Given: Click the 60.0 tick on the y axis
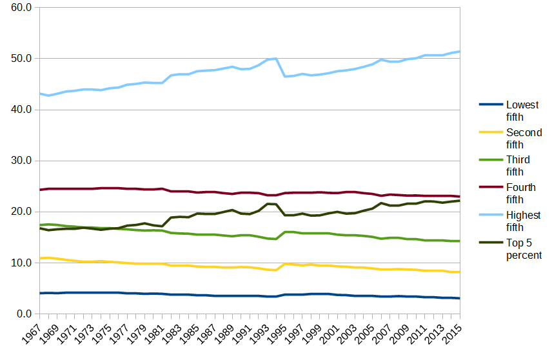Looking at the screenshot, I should [21, 8].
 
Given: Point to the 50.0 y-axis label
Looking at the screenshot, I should [21, 59].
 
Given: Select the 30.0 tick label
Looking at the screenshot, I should [21, 161].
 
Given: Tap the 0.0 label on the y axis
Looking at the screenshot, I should [24, 314].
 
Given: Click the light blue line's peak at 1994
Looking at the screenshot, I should [276, 59].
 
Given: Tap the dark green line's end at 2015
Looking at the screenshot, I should [460, 201].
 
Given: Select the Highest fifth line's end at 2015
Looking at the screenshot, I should [460, 51].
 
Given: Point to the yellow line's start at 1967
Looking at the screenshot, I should [40, 258].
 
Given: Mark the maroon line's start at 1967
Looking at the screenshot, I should [40, 190].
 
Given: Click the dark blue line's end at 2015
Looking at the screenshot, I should [460, 298].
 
